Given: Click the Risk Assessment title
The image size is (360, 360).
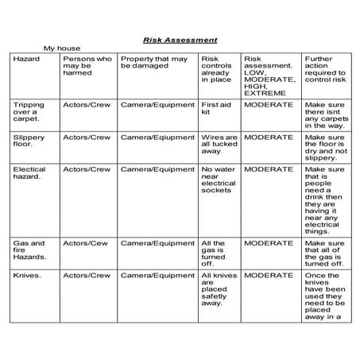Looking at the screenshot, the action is coord(180,39).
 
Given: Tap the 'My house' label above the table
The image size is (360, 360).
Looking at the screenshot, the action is coord(62,48).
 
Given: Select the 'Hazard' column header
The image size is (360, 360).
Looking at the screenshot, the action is coord(26,58).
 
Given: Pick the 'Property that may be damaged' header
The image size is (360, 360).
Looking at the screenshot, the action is coord(154,62).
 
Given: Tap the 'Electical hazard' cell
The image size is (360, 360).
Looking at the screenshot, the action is coord(29,173).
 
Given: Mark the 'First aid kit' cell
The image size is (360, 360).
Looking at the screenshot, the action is coord(215,109).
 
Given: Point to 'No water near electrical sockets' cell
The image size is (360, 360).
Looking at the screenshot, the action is coord(219,180).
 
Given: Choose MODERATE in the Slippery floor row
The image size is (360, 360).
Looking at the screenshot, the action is coord(269,137).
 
